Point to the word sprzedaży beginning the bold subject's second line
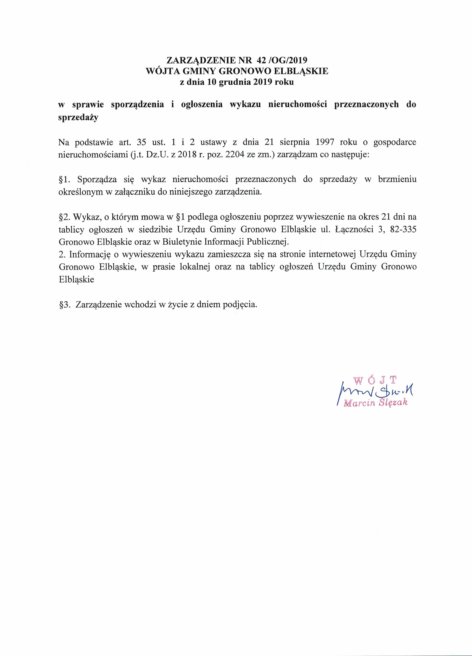(78, 117)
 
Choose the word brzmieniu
(397, 179)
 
